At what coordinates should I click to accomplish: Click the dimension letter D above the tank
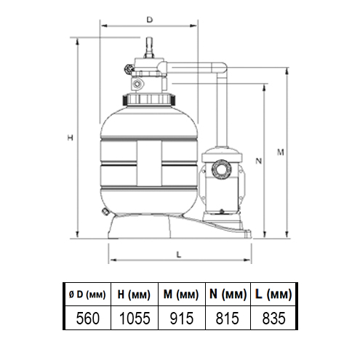(x=150, y=20)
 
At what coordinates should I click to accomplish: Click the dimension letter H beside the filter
(x=70, y=137)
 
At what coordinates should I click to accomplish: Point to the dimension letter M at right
(x=281, y=152)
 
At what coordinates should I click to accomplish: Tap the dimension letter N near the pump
(x=259, y=161)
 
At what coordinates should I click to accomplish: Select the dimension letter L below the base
(x=179, y=255)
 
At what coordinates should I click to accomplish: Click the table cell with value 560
(x=88, y=318)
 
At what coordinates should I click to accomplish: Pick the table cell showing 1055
(x=135, y=318)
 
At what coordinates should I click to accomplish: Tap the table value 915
(x=182, y=318)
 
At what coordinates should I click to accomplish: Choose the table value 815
(x=228, y=318)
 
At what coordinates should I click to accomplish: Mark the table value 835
(x=273, y=318)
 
